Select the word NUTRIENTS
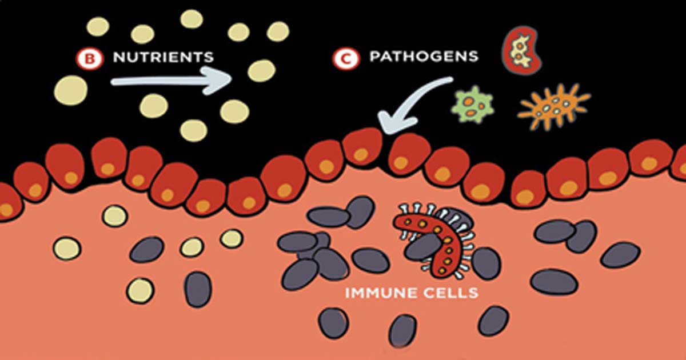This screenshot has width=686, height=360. click(x=163, y=57)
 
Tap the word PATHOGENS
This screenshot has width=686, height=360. click(x=424, y=57)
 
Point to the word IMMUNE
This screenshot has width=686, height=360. click(x=374, y=294)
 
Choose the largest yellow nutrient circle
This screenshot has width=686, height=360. click(x=71, y=90)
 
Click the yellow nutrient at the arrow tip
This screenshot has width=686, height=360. click(x=261, y=70)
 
